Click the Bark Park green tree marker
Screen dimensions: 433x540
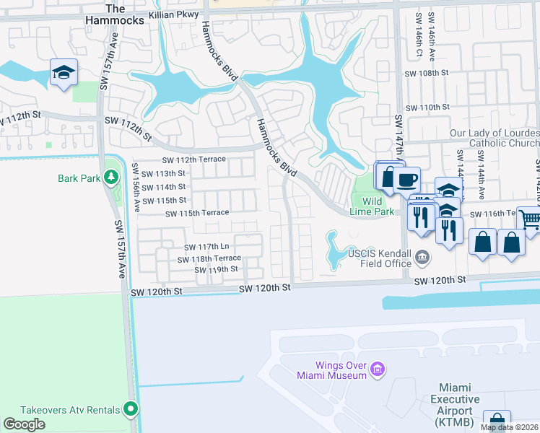(x=110, y=177)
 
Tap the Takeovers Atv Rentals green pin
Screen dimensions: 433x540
(x=131, y=409)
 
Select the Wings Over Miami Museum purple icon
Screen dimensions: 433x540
(x=376, y=370)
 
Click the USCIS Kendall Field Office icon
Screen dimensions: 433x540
(x=423, y=255)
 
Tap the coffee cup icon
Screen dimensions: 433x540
(x=407, y=179)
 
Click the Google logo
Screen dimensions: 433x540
(x=24, y=424)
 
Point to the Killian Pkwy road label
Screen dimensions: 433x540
(x=173, y=14)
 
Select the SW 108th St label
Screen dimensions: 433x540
(x=427, y=74)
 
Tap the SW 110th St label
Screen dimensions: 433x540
(x=427, y=107)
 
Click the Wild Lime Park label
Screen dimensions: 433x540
(x=378, y=206)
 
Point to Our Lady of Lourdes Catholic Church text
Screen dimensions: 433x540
(x=494, y=138)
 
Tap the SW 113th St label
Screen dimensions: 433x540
(x=163, y=173)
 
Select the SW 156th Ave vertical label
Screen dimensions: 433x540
(x=136, y=187)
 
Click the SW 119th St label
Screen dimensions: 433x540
(x=216, y=269)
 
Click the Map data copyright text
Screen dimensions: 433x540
(x=510, y=427)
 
